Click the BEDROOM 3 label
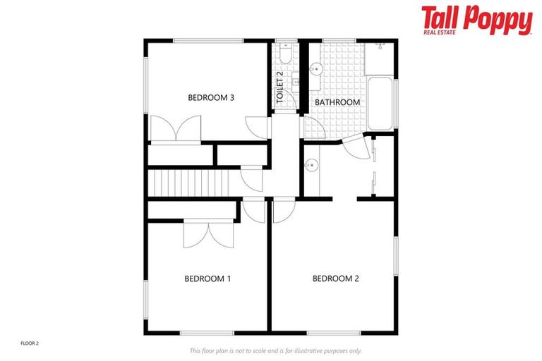(210, 98)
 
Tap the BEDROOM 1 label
(207, 279)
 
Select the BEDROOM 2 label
(336, 279)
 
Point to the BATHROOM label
(337, 102)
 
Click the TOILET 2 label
(280, 87)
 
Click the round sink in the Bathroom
(317, 69)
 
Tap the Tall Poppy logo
(476, 20)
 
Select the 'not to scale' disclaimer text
(275, 350)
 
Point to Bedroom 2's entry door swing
(283, 210)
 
